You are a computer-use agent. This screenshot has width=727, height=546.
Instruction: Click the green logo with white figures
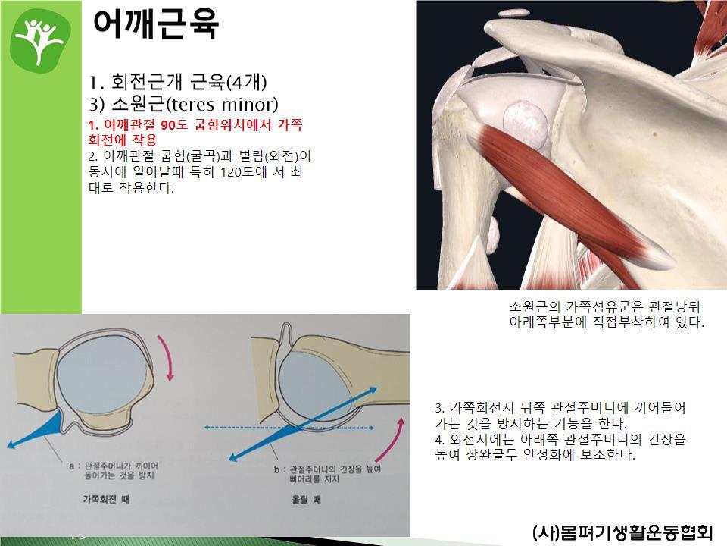pyautogui.click(x=41, y=41)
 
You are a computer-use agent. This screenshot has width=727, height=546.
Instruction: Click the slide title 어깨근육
pyautogui.click(x=156, y=24)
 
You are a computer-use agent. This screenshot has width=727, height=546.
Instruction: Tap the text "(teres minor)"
pyautogui.click(x=222, y=104)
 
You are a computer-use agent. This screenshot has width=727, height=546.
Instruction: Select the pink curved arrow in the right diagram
pyautogui.click(x=390, y=440)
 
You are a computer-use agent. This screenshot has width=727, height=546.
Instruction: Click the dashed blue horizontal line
pyautogui.click(x=290, y=428)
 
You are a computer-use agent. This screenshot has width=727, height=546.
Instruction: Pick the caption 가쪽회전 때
pyautogui.click(x=106, y=499)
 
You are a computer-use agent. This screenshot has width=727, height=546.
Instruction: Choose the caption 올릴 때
pyautogui.click(x=306, y=500)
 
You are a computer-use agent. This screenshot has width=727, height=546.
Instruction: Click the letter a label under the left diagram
pyautogui.click(x=71, y=466)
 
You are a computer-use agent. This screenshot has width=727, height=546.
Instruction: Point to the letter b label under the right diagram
pyautogui.click(x=276, y=469)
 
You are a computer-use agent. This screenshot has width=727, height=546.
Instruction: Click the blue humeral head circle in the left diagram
pyautogui.click(x=102, y=378)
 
